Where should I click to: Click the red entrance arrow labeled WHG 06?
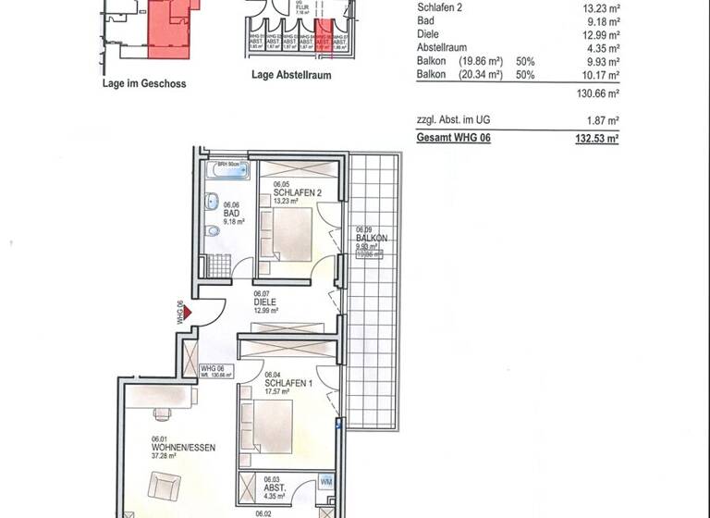(188, 314)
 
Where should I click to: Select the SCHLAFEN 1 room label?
(284, 383)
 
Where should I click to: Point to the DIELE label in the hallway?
(265, 301)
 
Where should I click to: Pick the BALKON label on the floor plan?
(371, 238)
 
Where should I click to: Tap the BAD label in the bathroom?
(230, 213)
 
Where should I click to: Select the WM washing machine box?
(326, 482)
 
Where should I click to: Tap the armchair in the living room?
(165, 487)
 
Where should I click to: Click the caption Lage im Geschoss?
(144, 83)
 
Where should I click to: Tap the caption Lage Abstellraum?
(290, 76)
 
